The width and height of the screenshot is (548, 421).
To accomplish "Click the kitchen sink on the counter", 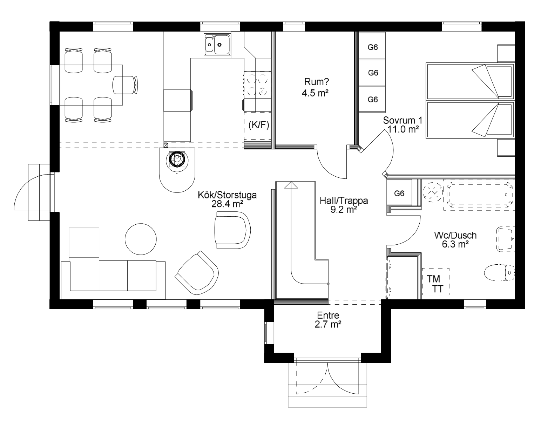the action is [217, 45].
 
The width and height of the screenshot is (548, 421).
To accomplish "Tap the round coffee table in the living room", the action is [141, 239].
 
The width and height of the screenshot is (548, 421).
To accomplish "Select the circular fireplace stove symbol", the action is [177, 159].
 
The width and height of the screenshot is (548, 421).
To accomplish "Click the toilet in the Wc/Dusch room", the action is [499, 272].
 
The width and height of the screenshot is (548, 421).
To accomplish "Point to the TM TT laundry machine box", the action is [435, 281].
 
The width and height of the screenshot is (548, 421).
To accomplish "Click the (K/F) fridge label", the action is [259, 125].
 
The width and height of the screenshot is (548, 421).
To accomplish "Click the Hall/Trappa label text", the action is [344, 201].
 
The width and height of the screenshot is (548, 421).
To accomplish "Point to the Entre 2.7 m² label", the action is [328, 320].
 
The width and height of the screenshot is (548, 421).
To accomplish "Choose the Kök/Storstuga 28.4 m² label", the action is [227, 199].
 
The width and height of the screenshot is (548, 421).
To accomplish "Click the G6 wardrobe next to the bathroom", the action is [399, 193].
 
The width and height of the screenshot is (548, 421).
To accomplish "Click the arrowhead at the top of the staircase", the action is [291, 185].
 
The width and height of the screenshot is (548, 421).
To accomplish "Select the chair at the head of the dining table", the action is [125, 85].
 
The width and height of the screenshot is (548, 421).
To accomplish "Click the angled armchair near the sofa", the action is [197, 273].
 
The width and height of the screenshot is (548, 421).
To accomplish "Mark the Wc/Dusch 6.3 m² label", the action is [455, 240].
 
